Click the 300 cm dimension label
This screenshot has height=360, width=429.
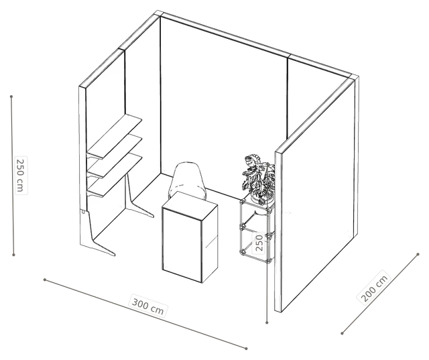tap(147, 306)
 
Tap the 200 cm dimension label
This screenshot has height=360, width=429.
tap(374, 286)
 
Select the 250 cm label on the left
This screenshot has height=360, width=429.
tap(21, 176)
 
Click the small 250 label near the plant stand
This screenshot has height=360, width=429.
tap(259, 242)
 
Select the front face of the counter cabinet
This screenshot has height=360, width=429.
tap(182, 244)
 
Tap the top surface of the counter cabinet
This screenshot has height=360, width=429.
tap(190, 202)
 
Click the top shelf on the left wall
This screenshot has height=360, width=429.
tap(115, 136)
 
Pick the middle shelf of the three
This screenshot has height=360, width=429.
tap(115, 156)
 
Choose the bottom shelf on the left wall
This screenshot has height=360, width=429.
tap(115, 175)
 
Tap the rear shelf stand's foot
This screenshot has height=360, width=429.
tap(141, 209)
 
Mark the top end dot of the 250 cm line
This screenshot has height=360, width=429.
tap(11, 97)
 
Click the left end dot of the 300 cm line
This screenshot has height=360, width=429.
tap(45, 280)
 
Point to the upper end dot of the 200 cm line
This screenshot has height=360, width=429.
tap(418, 254)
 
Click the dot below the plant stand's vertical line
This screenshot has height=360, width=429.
tap(267, 323)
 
